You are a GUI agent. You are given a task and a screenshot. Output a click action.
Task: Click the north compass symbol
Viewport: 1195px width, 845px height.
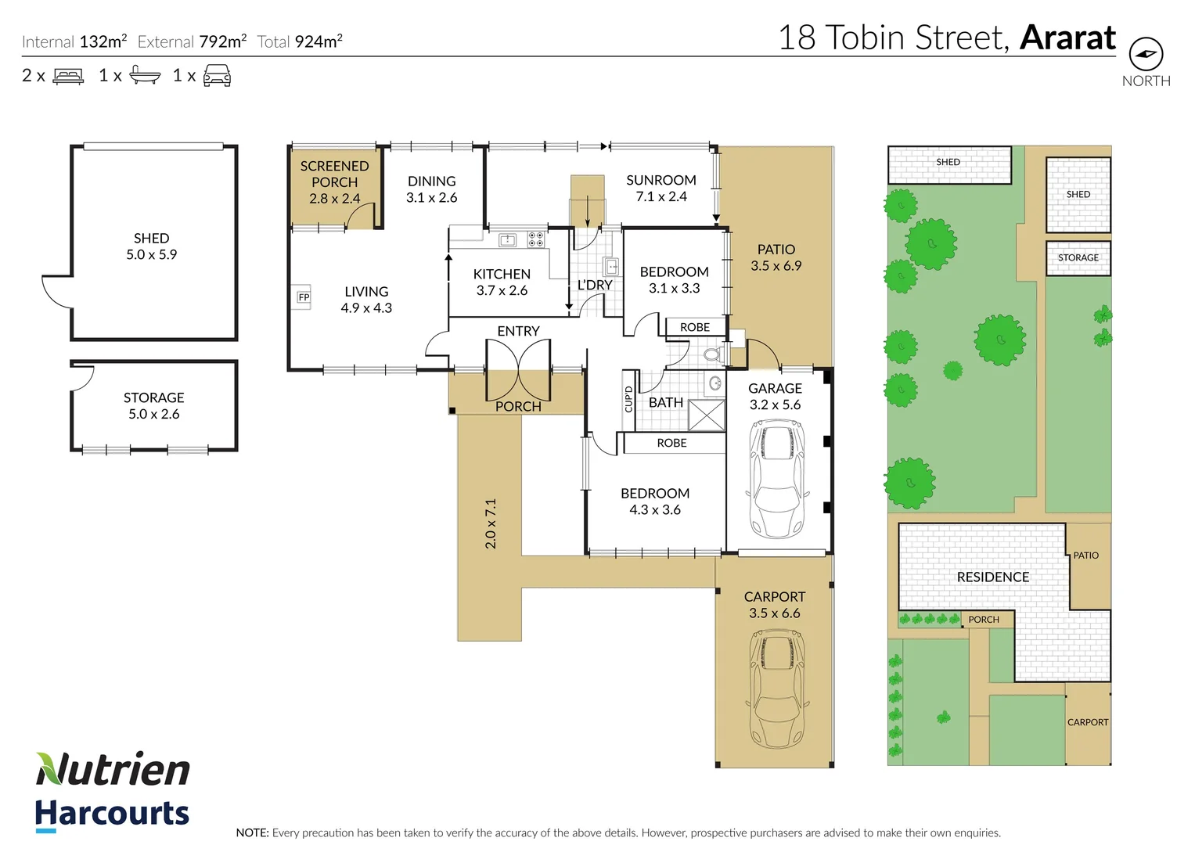1146,54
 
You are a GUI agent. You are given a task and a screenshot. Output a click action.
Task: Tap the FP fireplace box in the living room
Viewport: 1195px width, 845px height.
304,297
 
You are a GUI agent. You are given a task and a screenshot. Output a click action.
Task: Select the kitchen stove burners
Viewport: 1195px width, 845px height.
536,239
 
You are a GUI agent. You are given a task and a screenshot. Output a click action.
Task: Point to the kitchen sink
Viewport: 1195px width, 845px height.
507,240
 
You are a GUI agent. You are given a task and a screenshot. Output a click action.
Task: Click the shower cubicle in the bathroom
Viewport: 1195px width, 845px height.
707,415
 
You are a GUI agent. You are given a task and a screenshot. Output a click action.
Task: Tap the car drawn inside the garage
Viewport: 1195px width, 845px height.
776,479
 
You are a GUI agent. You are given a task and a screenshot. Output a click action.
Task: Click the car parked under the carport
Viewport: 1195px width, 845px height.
777,689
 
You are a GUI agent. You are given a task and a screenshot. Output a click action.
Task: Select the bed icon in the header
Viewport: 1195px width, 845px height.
68,76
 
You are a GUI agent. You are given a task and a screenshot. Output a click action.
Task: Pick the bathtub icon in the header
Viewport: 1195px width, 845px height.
145,75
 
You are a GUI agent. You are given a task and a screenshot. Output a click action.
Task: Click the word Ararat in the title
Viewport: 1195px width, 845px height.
1067,38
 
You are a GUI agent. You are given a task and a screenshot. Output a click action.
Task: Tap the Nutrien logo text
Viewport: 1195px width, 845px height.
113,769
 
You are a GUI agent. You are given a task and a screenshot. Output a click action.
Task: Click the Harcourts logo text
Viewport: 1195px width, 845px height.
112,814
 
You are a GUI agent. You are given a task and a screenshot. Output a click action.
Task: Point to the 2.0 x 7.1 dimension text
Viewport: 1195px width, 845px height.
491,523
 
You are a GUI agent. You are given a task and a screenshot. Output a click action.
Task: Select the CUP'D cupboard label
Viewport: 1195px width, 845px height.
628,400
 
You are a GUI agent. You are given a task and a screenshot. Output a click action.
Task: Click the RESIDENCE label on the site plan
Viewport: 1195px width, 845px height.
992,577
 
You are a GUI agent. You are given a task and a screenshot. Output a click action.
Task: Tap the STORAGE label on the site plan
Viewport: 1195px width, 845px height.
1078,257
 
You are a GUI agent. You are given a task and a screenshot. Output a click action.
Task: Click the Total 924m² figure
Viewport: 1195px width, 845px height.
300,41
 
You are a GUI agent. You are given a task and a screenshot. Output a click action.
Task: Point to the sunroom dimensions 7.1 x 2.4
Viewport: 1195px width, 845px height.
661,196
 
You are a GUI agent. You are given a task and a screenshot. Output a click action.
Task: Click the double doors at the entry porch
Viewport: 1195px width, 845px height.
518,370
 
